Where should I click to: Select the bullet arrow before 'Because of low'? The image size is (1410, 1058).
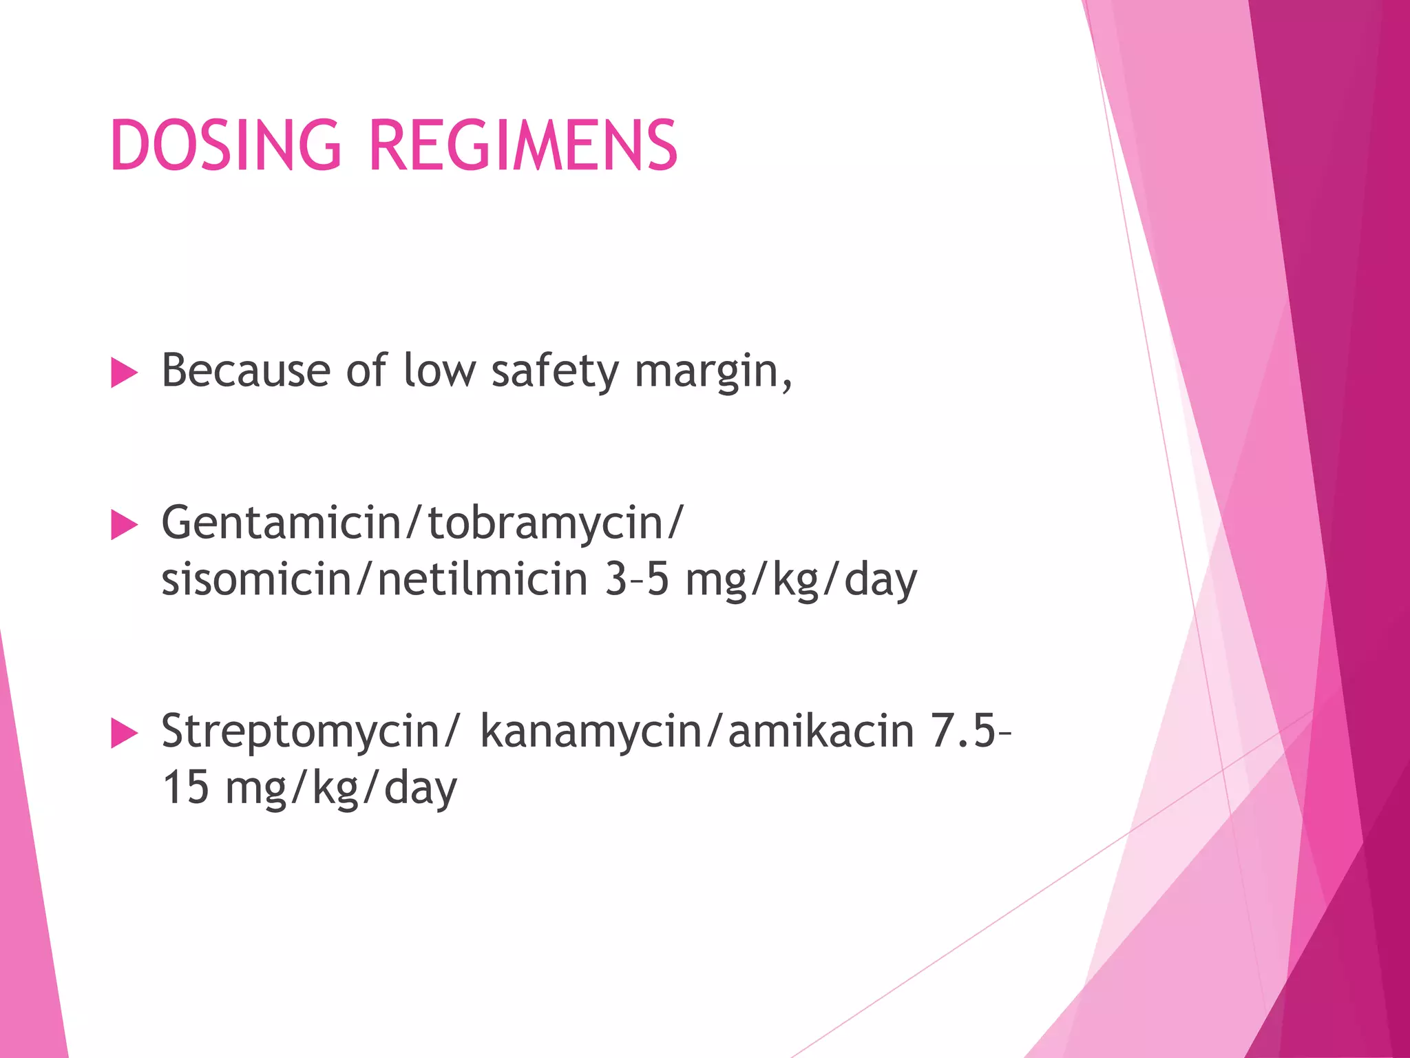coord(124,373)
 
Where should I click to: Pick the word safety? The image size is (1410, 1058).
coord(555,372)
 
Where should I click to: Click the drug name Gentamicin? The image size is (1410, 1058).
coord(281,523)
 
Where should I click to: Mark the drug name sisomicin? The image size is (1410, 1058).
coord(256,579)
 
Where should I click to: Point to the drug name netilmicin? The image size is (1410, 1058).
coord(482,579)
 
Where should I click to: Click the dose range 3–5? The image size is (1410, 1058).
coord(637,579)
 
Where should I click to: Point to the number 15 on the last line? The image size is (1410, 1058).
coord(185,788)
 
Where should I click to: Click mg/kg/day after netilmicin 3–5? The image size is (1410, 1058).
coord(801,581)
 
